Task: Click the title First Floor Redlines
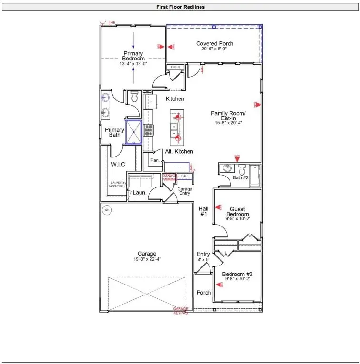(180, 7)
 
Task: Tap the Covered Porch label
(215, 44)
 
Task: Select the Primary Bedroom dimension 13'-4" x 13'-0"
(133, 64)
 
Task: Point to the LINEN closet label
(175, 68)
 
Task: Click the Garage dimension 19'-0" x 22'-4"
(147, 259)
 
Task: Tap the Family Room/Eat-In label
(228, 113)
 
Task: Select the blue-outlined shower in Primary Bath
(134, 132)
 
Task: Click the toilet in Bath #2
(242, 170)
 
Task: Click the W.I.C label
(118, 165)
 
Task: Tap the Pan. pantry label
(155, 161)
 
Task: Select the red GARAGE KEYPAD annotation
(180, 311)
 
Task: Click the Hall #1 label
(203, 211)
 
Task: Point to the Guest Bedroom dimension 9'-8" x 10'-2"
(237, 219)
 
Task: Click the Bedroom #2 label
(237, 275)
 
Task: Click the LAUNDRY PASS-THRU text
(118, 185)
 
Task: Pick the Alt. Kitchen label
(179, 151)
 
